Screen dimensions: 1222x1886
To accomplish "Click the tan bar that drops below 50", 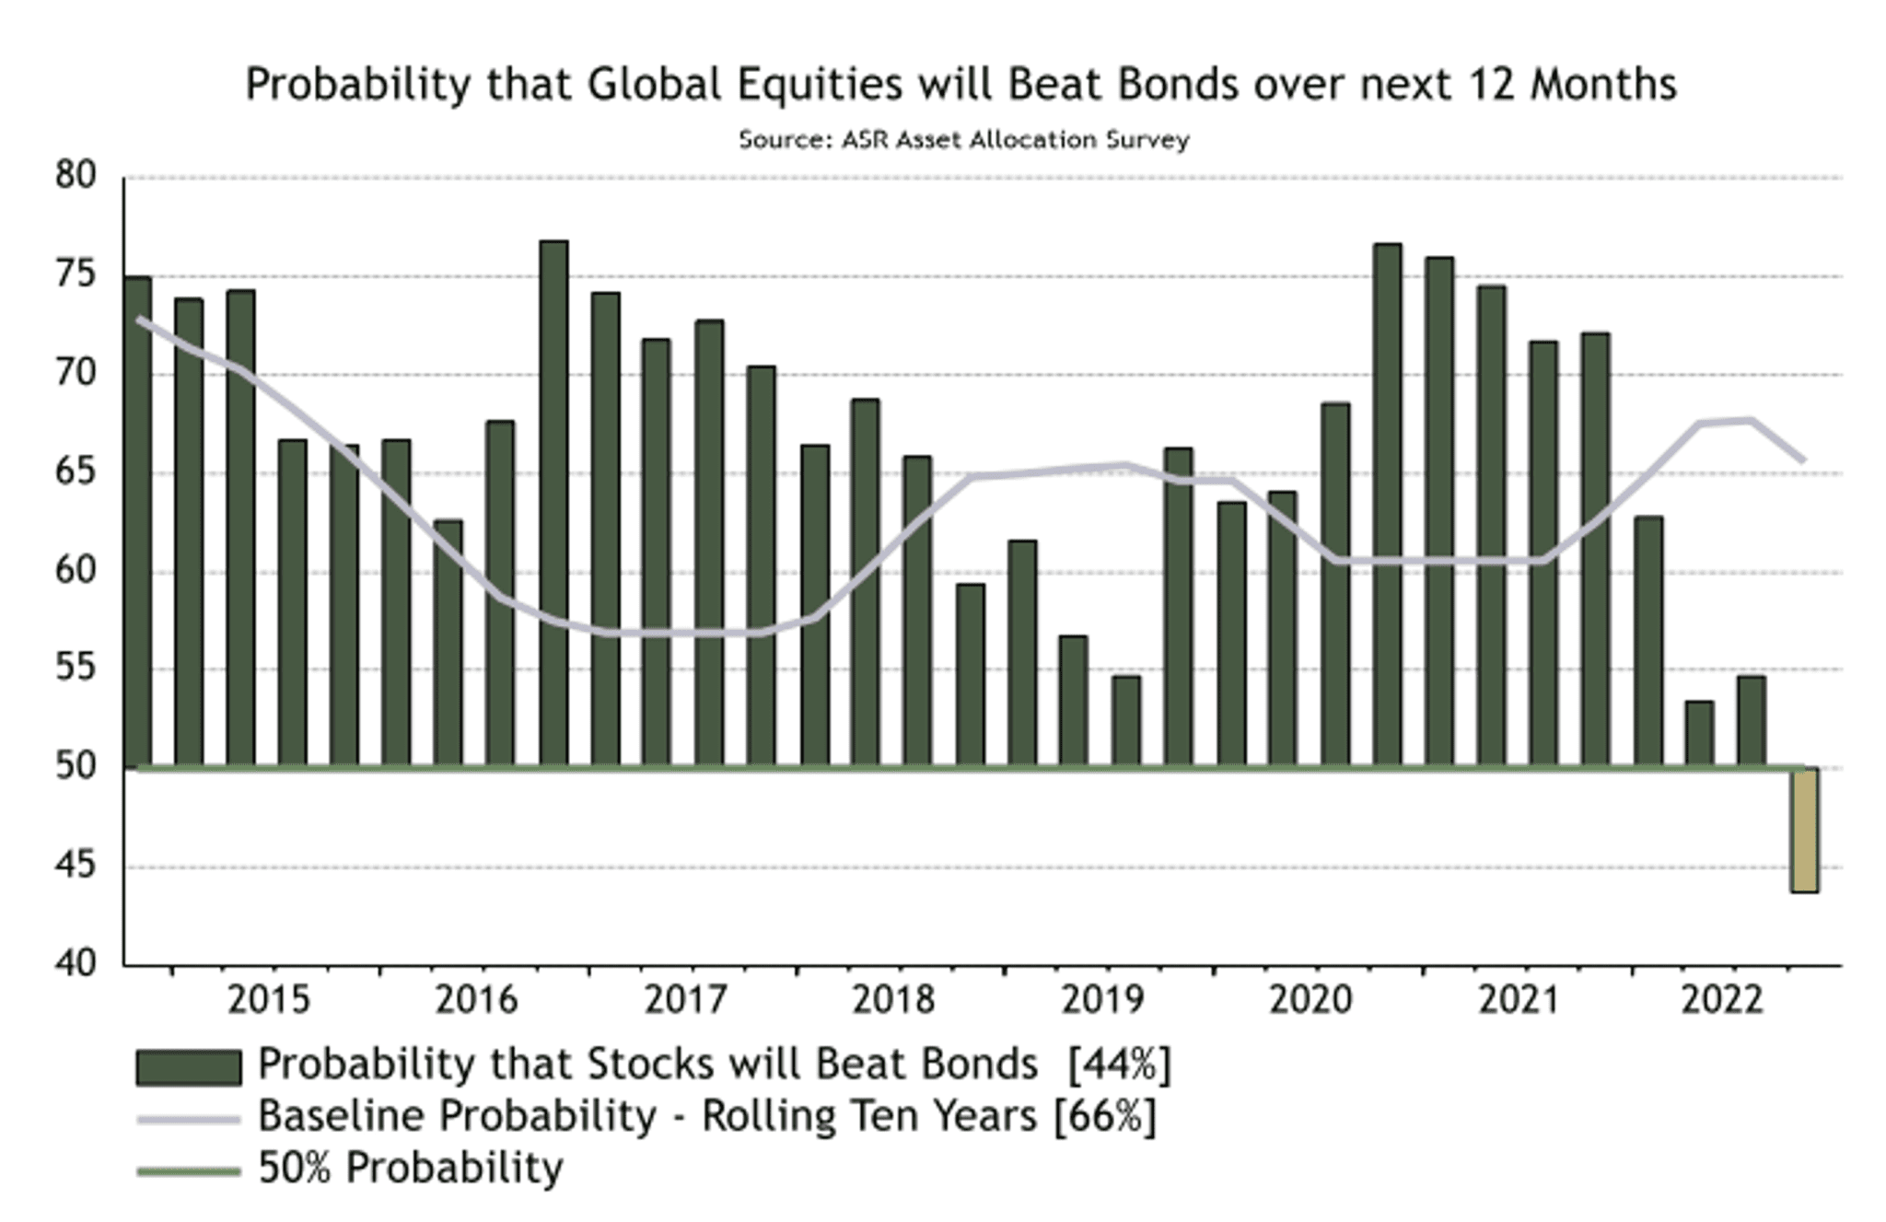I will (x=1804, y=829).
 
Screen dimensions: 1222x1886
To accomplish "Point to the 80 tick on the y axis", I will (x=75, y=175).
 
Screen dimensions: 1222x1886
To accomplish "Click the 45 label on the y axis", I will (x=75, y=866).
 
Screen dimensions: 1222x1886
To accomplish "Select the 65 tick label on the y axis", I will (x=75, y=471).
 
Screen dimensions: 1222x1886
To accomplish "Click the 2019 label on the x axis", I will (x=1101, y=999).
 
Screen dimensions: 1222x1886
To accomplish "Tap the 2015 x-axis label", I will (x=269, y=999).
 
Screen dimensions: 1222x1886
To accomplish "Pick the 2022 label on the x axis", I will (x=1721, y=999).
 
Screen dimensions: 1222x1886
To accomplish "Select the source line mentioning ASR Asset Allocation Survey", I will (x=963, y=140).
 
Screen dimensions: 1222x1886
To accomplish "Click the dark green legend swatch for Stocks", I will (x=188, y=1067).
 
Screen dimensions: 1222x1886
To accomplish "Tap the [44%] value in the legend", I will (x=1119, y=1065).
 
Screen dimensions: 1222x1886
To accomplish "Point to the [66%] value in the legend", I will (x=1104, y=1116).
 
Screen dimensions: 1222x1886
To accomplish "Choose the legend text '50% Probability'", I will (x=410, y=1168).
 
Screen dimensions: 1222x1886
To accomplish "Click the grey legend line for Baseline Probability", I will (x=188, y=1120).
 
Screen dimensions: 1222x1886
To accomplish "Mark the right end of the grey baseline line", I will (x=1802, y=460).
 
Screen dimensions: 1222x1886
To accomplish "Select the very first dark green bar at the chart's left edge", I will (x=137, y=520).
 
